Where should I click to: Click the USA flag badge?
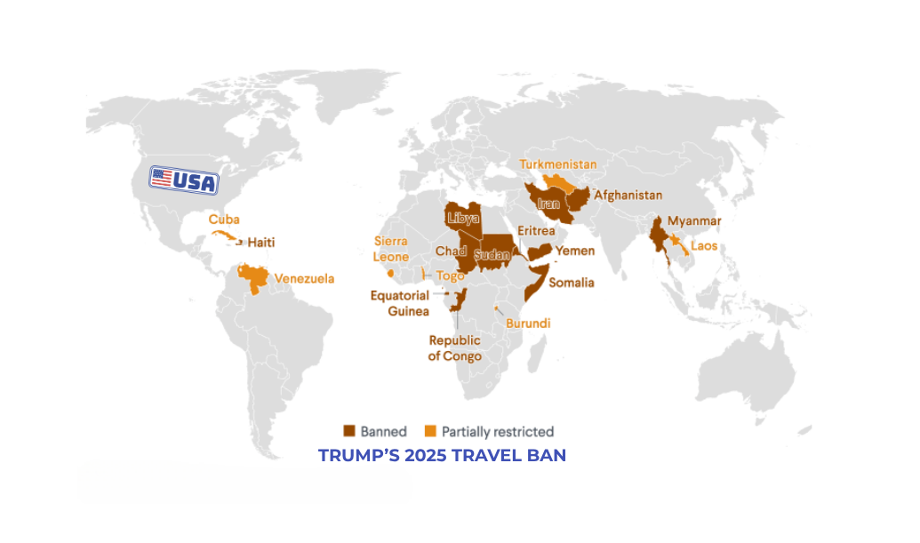[183, 180]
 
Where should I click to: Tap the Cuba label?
[224, 219]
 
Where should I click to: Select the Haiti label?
[261, 242]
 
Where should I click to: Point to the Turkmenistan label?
[558, 164]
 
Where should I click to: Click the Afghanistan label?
[628, 195]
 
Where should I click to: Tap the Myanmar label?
[694, 220]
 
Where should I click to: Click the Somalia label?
[572, 283]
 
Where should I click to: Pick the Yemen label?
[574, 251]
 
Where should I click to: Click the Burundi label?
[528, 323]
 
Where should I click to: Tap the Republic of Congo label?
[454, 348]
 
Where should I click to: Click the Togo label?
[451, 275]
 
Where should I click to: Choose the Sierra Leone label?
[391, 249]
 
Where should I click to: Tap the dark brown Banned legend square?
[349, 431]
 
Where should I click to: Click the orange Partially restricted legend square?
[430, 431]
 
